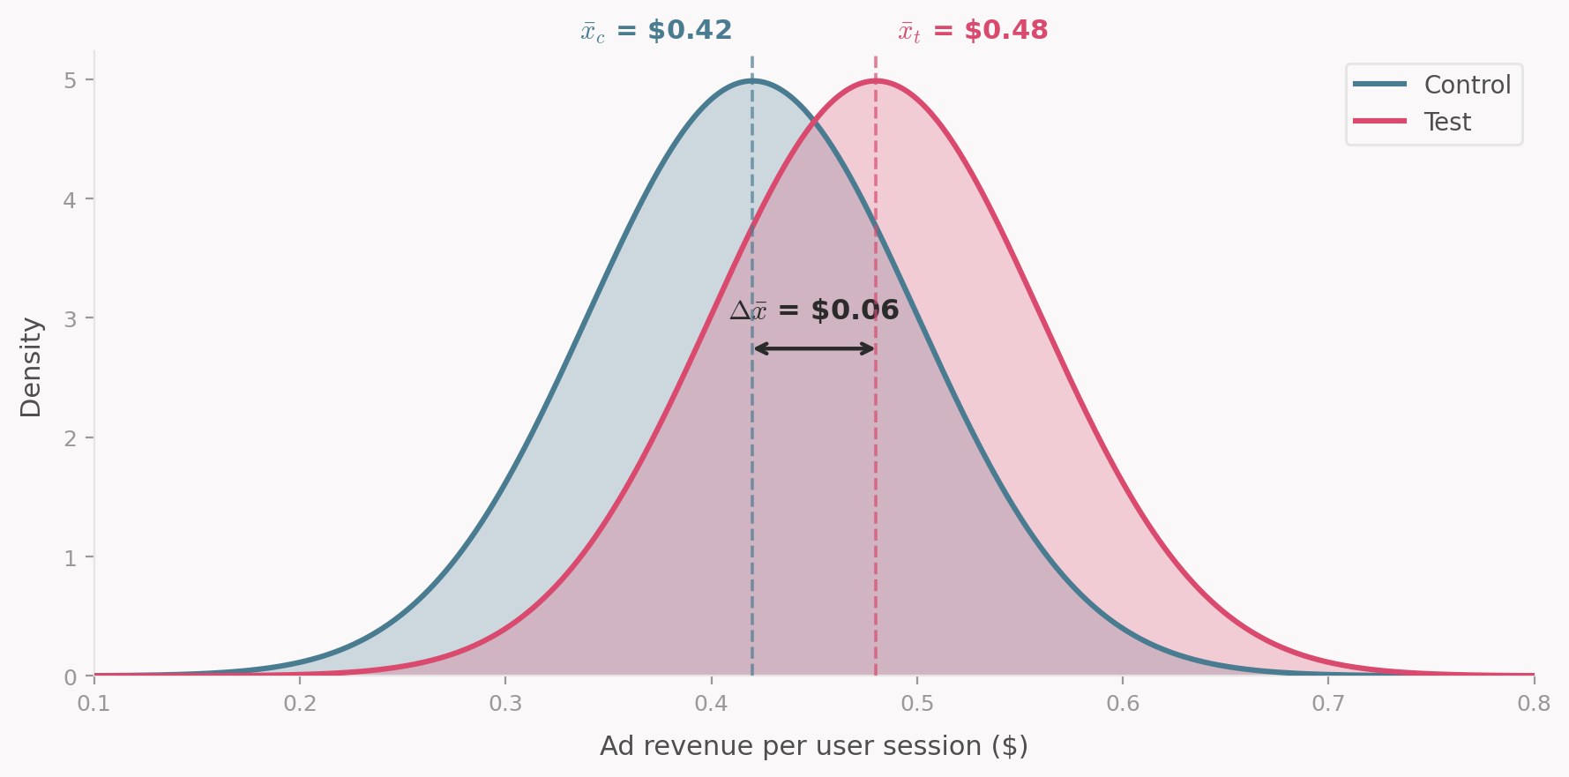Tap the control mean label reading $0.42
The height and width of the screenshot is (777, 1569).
[x=656, y=31]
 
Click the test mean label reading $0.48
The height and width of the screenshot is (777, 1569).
[x=973, y=31]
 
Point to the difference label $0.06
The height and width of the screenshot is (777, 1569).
[x=814, y=310]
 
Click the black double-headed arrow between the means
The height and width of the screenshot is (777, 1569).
[x=814, y=348]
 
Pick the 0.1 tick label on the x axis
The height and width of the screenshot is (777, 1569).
[x=94, y=704]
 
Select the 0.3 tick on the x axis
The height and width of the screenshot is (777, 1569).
[x=505, y=704]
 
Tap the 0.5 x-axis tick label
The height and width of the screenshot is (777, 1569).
[x=917, y=704]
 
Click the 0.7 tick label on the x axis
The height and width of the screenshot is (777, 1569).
[x=1328, y=704]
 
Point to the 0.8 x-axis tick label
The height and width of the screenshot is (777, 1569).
[x=1534, y=704]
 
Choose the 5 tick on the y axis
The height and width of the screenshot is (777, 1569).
[x=70, y=80]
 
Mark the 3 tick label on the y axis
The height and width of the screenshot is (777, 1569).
[x=70, y=318]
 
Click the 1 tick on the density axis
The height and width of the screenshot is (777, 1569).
[x=70, y=557]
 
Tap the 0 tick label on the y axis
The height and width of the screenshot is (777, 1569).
[x=70, y=676]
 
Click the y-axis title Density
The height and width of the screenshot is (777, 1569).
[x=31, y=367]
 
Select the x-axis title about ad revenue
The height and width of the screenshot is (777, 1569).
[x=813, y=746]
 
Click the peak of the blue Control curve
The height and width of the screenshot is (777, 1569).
[x=752, y=80]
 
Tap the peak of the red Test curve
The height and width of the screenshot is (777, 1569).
[x=876, y=80]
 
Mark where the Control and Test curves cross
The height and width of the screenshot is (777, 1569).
[x=814, y=125]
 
